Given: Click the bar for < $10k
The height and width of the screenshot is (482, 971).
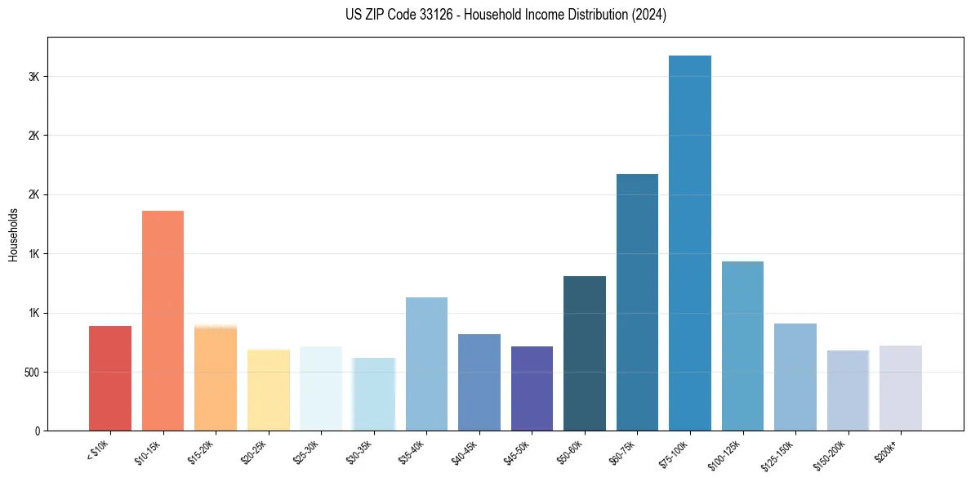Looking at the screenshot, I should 110,378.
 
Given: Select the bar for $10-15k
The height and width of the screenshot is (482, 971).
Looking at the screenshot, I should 163,320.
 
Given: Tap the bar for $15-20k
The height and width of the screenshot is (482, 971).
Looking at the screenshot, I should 216,378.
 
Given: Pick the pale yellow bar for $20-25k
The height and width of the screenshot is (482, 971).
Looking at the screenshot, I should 269,390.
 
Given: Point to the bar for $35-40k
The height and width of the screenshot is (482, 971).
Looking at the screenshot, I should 426,364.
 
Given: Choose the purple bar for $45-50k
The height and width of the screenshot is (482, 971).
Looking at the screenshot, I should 532,388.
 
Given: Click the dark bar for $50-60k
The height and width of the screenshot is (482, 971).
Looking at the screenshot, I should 585,353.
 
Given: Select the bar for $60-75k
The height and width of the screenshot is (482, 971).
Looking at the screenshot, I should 637,302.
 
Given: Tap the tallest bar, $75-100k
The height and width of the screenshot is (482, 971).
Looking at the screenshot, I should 690,243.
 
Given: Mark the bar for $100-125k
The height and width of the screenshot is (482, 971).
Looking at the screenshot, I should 742,346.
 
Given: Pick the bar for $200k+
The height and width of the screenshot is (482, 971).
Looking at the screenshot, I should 901,388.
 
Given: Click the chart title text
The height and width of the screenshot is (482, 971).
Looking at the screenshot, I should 485,15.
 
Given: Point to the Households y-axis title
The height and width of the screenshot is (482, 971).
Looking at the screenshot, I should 14,234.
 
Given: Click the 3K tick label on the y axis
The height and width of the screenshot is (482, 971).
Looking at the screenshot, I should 34,77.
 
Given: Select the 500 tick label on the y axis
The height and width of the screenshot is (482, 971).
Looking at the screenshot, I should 30,373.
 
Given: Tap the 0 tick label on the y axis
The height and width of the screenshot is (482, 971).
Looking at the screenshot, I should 38,431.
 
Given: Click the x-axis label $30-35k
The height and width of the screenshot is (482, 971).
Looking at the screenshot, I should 359,453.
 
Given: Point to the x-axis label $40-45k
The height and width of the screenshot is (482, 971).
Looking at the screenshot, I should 465,453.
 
